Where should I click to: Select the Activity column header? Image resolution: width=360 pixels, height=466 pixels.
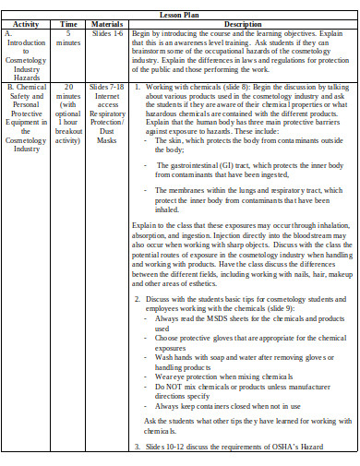click(x=26, y=23)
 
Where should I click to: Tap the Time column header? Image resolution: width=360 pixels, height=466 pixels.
click(x=68, y=23)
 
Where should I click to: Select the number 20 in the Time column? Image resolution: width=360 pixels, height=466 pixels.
click(x=68, y=87)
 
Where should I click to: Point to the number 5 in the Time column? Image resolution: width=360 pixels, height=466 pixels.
click(x=68, y=33)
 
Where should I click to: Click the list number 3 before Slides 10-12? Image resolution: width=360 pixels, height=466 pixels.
click(x=137, y=448)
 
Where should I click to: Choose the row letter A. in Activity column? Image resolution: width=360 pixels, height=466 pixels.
click(x=8, y=33)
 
